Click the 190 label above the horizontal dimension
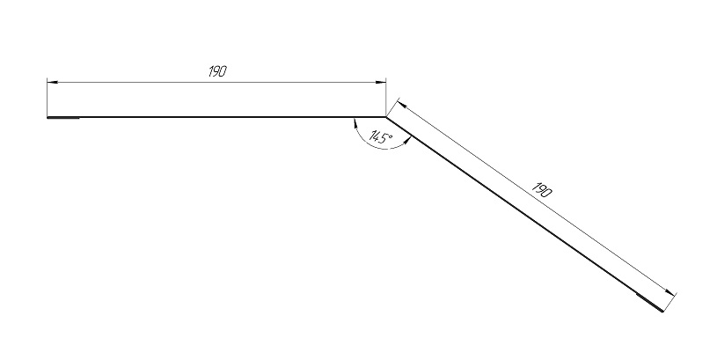point(217,71)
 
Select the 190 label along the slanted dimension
point(543,190)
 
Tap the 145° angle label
point(381,137)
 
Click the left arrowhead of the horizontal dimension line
point(52,83)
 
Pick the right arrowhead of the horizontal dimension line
point(380,83)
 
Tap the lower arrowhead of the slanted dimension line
point(669,292)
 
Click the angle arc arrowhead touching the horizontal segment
point(355,123)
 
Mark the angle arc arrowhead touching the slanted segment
point(407,142)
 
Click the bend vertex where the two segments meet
point(386,117)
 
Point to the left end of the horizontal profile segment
point(48,118)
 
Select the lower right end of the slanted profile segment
point(662,311)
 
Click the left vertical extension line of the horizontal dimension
point(48,98)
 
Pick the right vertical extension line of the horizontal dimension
point(386,98)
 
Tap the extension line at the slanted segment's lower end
point(669,302)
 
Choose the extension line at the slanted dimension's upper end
point(393,108)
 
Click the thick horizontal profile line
point(216,117)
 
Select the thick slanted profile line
point(524,214)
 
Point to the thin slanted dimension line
point(536,199)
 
